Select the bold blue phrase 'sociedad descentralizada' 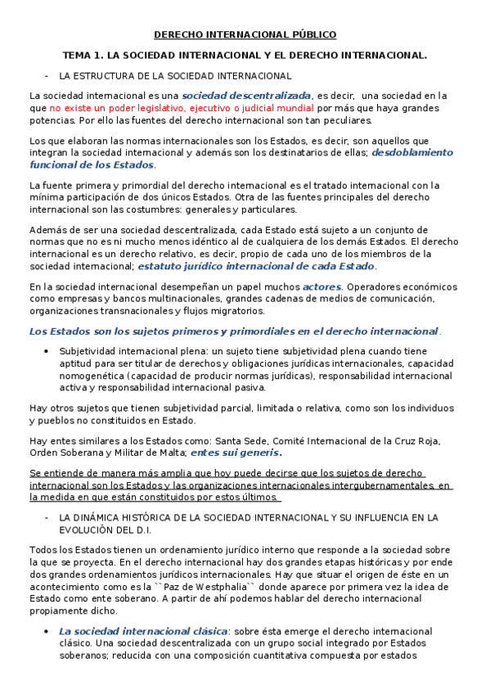[x=253, y=95]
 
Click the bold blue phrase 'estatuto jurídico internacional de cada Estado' [x=257, y=266]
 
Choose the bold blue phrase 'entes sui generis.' [x=236, y=453]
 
